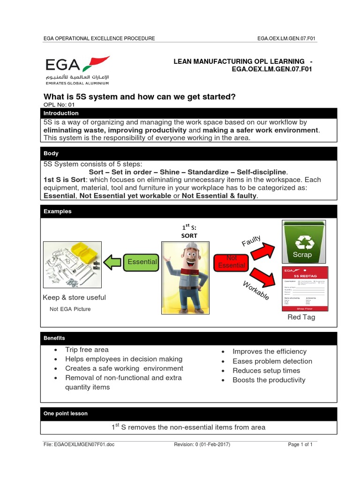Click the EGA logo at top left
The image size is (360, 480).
(x=77, y=70)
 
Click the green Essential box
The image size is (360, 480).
(x=142, y=262)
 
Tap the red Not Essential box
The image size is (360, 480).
(x=232, y=262)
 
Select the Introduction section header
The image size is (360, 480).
(x=61, y=113)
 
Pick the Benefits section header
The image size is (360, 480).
(x=54, y=338)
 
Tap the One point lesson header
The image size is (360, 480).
(x=66, y=413)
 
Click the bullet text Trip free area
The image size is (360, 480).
(x=87, y=350)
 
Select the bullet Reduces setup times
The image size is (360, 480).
(x=266, y=370)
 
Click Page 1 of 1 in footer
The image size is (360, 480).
(x=300, y=444)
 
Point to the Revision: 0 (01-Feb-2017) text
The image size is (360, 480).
(x=202, y=444)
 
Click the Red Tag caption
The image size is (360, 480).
(x=301, y=317)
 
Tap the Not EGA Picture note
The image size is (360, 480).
(x=70, y=309)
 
